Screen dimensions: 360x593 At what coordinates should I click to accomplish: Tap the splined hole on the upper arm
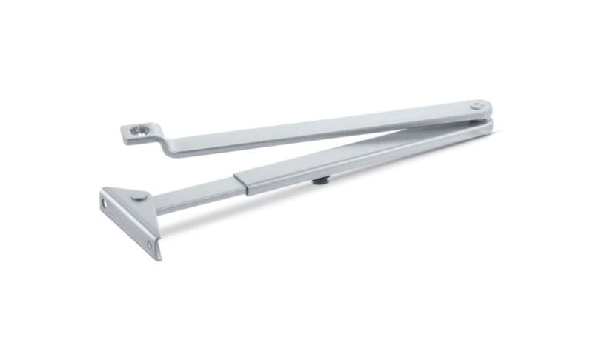pyautogui.click(x=138, y=131)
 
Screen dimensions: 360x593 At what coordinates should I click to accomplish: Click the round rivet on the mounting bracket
pyautogui.click(x=138, y=196)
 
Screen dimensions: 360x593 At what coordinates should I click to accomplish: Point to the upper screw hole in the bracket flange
pyautogui.click(x=105, y=200)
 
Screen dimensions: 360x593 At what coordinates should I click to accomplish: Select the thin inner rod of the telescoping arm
pyautogui.click(x=196, y=194)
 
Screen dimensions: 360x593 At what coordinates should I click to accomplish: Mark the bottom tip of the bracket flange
pyautogui.click(x=157, y=258)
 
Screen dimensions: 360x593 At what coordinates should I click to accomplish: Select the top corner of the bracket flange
pyautogui.click(x=104, y=190)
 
